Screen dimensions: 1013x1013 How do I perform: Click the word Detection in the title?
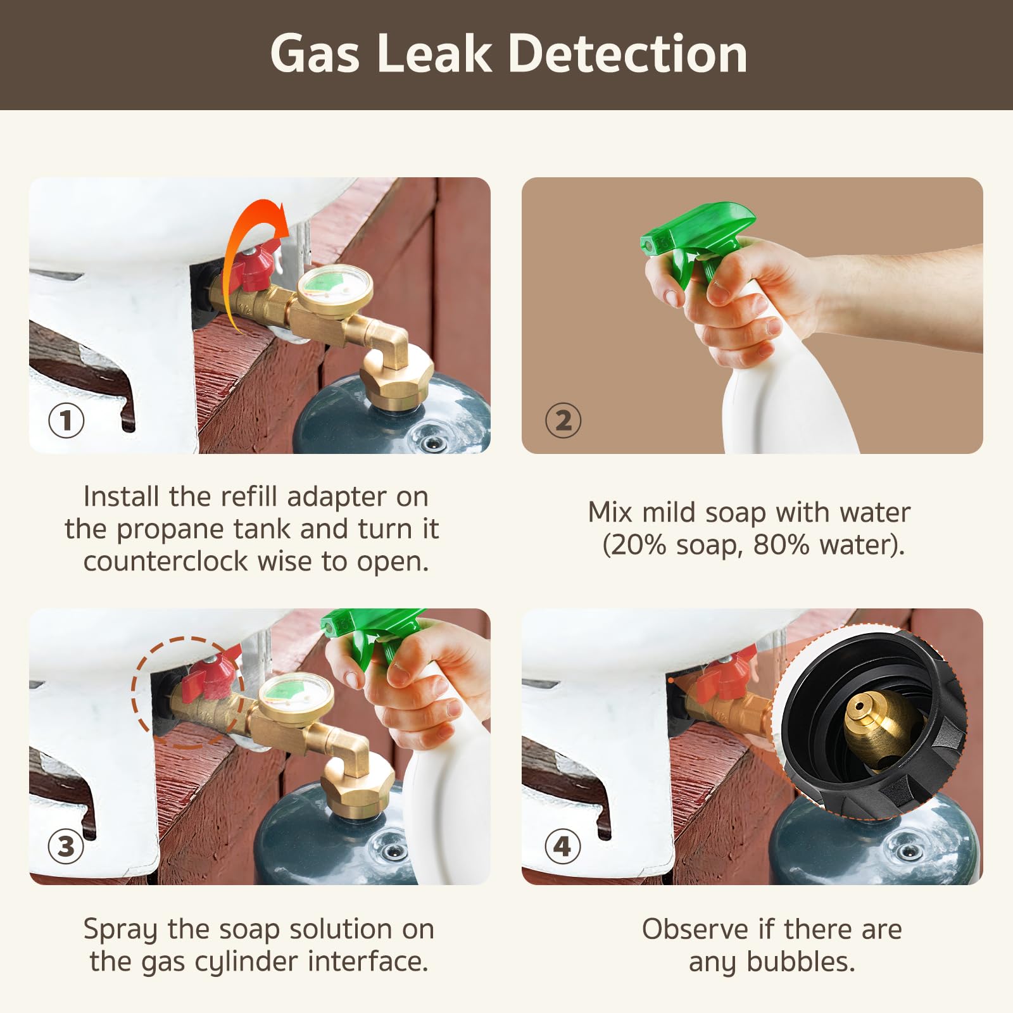(627, 54)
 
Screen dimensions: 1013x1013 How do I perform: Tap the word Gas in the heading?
(315, 54)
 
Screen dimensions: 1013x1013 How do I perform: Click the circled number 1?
(66, 420)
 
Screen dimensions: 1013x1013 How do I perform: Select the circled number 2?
(563, 420)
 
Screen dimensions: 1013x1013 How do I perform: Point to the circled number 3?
(66, 846)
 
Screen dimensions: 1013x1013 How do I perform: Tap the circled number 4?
(563, 846)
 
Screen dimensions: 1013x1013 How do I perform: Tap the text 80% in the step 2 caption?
(781, 544)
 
